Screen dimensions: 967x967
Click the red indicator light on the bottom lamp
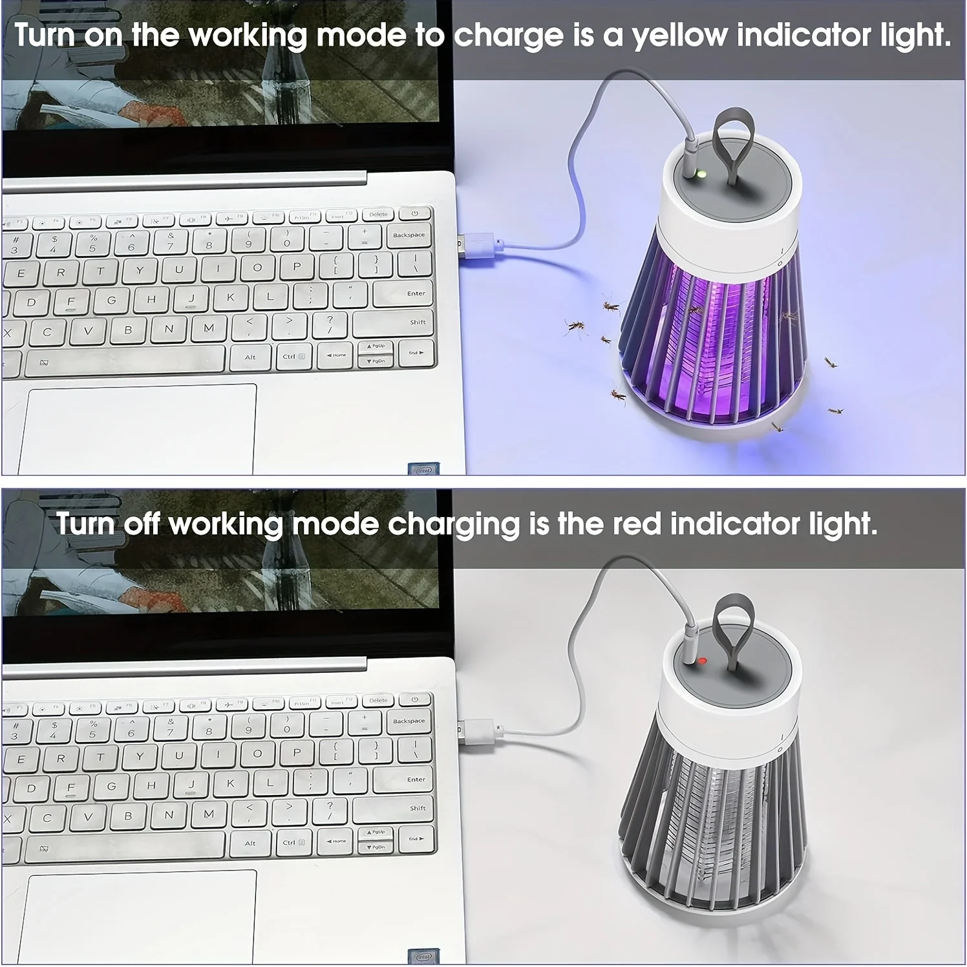pos(702,661)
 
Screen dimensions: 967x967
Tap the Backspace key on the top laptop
pos(409,237)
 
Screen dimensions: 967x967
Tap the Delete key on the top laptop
pos(379,215)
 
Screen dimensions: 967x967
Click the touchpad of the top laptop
pos(139,429)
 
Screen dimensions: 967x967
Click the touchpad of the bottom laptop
pos(139,916)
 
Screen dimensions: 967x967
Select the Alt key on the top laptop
pos(250,357)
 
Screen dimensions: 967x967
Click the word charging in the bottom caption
pos(454,525)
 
